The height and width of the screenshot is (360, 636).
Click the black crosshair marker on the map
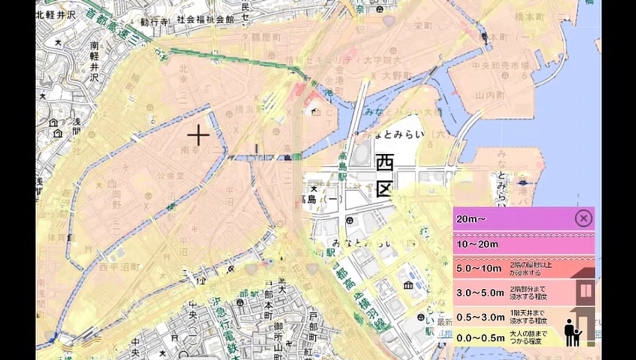(x=198, y=135)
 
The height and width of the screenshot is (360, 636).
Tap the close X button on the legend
(x=583, y=218)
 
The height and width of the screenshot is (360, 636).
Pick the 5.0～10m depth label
(x=478, y=268)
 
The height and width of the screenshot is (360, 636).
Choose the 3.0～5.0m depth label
(x=480, y=292)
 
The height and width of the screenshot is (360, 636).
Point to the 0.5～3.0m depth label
(x=480, y=316)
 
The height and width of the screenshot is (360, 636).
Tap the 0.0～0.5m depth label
(x=480, y=337)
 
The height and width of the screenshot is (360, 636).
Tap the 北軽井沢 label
(x=55, y=14)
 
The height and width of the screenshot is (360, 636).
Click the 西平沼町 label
(x=119, y=267)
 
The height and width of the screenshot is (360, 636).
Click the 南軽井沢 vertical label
(x=94, y=61)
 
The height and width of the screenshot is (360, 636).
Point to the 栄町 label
(x=423, y=25)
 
